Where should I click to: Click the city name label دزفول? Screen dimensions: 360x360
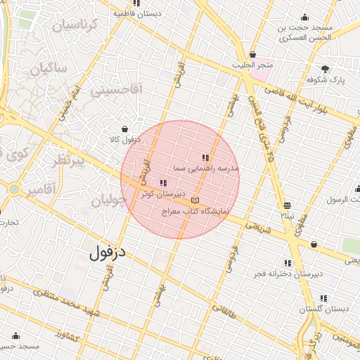(x=112, y=251)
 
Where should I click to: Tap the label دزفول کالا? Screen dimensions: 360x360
(x=124, y=140)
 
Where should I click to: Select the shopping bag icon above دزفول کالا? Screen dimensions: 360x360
(x=124, y=129)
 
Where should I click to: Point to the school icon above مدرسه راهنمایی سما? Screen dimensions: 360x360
(x=205, y=158)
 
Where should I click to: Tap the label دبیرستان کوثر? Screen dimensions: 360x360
(x=164, y=193)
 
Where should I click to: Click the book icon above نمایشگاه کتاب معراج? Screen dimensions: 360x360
(x=195, y=200)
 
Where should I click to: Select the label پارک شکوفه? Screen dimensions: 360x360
(x=325, y=80)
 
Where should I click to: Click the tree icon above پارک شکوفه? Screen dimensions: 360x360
(x=325, y=69)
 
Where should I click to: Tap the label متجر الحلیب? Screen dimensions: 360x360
(x=253, y=65)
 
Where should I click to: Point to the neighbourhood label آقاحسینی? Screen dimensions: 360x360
(x=119, y=89)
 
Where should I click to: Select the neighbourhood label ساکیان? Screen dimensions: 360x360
(x=49, y=69)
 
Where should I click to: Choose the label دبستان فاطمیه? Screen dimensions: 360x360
(x=156, y=13)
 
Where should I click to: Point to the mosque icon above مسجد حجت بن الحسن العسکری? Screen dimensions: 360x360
(x=304, y=18)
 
